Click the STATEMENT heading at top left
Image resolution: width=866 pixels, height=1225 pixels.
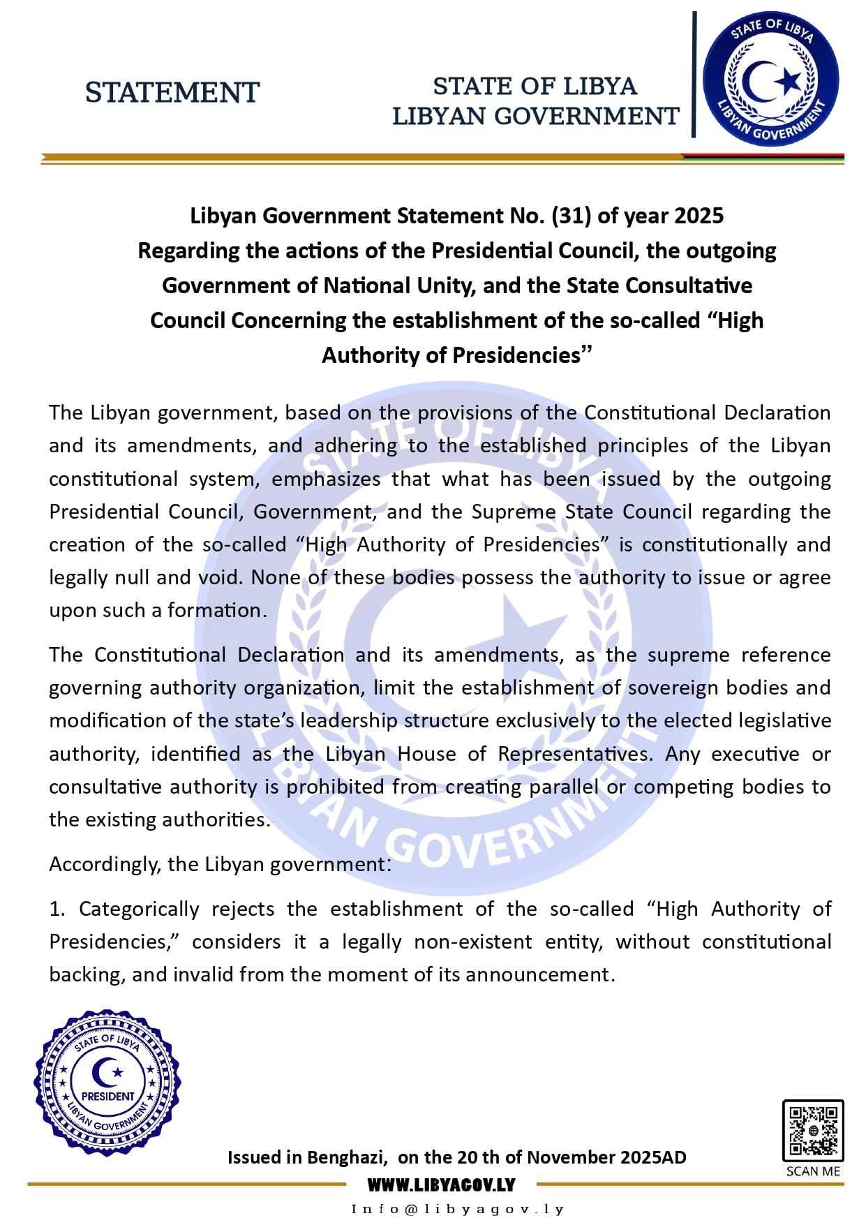tap(172, 93)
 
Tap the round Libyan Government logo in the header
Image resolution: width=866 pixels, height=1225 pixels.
tap(771, 78)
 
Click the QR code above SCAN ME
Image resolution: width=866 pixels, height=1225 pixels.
tap(812, 1130)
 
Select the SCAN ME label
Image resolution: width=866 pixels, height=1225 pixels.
tap(813, 1171)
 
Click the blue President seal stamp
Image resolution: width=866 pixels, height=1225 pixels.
tap(107, 1082)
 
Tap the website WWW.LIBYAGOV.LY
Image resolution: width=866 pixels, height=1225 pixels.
tap(441, 1185)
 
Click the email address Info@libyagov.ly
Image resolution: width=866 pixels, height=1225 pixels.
tap(457, 1209)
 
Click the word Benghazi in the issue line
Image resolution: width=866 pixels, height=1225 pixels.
tap(346, 1157)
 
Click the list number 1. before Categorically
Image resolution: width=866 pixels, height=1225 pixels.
tap(57, 909)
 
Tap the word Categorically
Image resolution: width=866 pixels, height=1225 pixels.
tap(139, 909)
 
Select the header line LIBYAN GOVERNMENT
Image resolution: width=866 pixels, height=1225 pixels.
tap(535, 116)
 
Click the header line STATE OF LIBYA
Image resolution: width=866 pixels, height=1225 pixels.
tap(535, 86)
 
